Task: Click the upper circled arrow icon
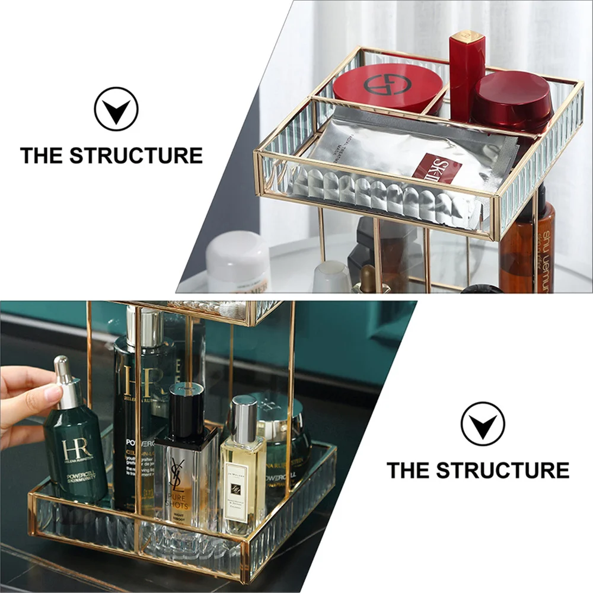116,109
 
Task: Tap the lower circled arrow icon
483,423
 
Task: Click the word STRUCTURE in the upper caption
136,155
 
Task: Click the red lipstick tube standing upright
467,74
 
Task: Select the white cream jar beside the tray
238,261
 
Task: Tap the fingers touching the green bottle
33,391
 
